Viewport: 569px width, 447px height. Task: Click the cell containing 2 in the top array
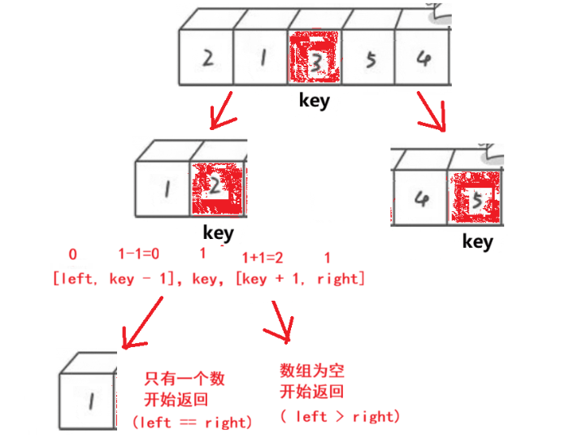[x=207, y=59]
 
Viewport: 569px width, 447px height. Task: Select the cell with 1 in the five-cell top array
[x=262, y=59]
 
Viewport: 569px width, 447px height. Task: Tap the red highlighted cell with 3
[x=315, y=59]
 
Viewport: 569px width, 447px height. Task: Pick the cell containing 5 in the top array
[x=370, y=59]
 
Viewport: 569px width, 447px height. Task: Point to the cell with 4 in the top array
[x=422, y=59]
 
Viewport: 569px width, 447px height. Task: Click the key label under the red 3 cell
[x=315, y=102]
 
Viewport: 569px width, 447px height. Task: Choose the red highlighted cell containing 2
[x=217, y=187]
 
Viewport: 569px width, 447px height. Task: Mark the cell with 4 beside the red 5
[x=420, y=198]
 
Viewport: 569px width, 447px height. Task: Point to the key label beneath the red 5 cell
[x=478, y=241]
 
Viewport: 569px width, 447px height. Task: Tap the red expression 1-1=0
[x=139, y=254]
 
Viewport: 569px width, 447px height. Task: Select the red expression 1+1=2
[x=263, y=258]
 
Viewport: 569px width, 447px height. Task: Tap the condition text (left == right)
[x=192, y=423]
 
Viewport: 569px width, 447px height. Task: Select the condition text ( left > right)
[x=341, y=417]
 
